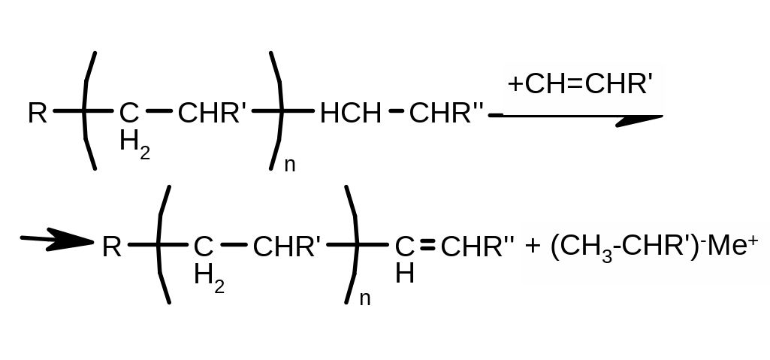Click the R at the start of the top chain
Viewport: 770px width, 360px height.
(38, 113)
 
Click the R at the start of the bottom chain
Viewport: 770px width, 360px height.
(111, 247)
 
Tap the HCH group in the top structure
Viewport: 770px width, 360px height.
(350, 113)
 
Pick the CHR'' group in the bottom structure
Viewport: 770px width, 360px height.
(478, 247)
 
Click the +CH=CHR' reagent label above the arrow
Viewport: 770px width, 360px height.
(577, 84)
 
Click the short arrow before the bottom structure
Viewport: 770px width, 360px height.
(56, 241)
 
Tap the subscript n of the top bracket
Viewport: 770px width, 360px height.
(290, 165)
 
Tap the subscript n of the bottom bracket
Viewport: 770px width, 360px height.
(365, 298)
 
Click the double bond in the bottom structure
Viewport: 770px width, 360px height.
(427, 246)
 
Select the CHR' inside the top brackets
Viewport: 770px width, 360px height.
(213, 113)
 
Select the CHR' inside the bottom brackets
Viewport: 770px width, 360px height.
(288, 247)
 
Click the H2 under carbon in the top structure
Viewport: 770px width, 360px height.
(134, 143)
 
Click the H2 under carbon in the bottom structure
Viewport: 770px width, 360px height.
(209, 276)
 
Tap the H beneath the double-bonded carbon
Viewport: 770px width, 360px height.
(404, 274)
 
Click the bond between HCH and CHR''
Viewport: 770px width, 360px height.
(396, 113)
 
